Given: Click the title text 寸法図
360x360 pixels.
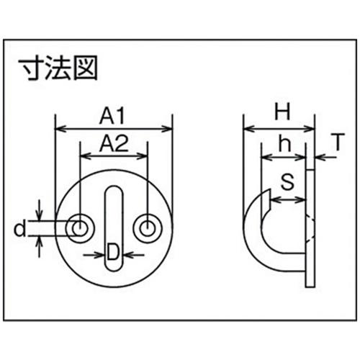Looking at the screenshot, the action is click(x=58, y=68).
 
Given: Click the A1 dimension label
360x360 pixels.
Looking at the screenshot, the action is click(x=112, y=116).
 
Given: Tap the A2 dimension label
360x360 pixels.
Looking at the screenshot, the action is click(x=114, y=143).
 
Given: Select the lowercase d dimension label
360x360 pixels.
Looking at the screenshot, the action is click(x=19, y=229).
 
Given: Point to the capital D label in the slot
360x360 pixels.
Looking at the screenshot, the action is click(x=113, y=251).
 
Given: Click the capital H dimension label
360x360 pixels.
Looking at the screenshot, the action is click(x=282, y=112).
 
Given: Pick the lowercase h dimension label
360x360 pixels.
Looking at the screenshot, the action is click(x=285, y=143).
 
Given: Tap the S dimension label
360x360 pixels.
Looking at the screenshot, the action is click(x=287, y=181).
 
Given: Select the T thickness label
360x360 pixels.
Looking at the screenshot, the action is click(x=338, y=142).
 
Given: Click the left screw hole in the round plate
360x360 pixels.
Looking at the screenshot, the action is click(x=80, y=228).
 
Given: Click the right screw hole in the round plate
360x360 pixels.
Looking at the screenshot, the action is click(x=148, y=228).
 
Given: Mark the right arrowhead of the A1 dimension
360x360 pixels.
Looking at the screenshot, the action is click(x=167, y=129).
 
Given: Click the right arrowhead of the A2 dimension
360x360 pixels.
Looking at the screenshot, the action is click(x=142, y=156).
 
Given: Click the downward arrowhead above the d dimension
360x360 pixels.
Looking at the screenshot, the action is click(x=39, y=215).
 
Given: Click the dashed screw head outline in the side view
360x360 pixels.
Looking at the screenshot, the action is click(x=310, y=228).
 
